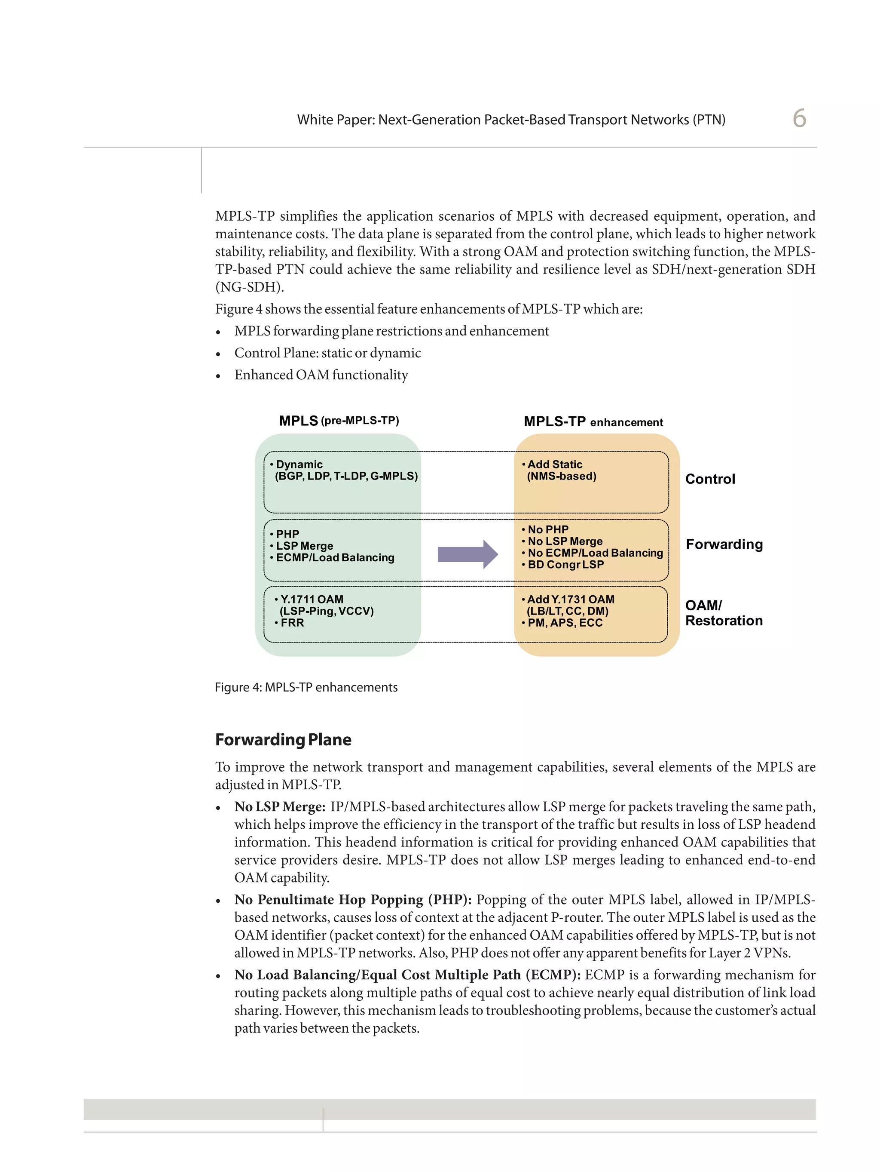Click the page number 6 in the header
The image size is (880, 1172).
pyautogui.click(x=798, y=118)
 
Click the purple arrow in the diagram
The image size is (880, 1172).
pyautogui.click(x=467, y=554)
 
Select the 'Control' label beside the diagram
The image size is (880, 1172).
pyautogui.click(x=709, y=479)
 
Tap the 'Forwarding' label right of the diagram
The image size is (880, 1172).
pyautogui.click(x=724, y=544)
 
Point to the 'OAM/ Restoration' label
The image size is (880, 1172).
pyautogui.click(x=723, y=613)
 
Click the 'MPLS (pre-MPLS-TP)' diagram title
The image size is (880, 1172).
pyautogui.click(x=339, y=421)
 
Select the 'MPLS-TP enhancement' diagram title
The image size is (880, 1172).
pyautogui.click(x=593, y=422)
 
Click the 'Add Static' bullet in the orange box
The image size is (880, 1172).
pyautogui.click(x=554, y=464)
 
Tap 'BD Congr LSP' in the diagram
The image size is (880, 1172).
pyautogui.click(x=565, y=565)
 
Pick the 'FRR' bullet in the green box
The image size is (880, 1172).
pyautogui.click(x=292, y=623)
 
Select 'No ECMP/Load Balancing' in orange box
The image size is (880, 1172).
pyautogui.click(x=595, y=553)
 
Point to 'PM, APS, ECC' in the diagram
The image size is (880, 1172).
pyautogui.click(x=565, y=623)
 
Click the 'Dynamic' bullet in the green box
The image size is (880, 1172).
pyautogui.click(x=299, y=464)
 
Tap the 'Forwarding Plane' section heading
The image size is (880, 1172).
pyautogui.click(x=283, y=740)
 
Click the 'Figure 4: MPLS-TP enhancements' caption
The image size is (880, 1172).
pyautogui.click(x=306, y=687)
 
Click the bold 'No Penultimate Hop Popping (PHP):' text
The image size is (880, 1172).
pyautogui.click(x=353, y=900)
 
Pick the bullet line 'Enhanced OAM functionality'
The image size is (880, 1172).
pyautogui.click(x=321, y=375)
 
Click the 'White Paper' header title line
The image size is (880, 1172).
pyautogui.click(x=510, y=120)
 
